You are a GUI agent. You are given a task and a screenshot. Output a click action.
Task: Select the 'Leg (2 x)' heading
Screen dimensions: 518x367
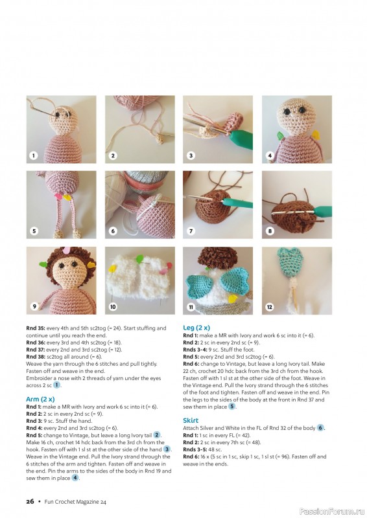point(196,328)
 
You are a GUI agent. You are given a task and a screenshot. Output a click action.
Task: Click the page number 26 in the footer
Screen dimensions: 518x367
point(30,501)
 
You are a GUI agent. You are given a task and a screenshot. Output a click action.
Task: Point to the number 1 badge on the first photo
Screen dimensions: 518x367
point(32,155)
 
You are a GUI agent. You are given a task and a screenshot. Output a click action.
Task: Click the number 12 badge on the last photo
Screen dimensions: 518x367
point(268,306)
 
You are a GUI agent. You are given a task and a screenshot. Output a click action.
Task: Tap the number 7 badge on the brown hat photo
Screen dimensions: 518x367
point(191,231)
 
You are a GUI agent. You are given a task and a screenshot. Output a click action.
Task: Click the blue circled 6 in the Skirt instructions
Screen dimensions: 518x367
point(320,428)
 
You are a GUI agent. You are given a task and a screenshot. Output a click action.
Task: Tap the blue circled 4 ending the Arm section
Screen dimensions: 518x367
point(75,477)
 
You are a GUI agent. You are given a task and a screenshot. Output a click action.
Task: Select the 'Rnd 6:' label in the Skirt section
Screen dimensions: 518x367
point(192,456)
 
